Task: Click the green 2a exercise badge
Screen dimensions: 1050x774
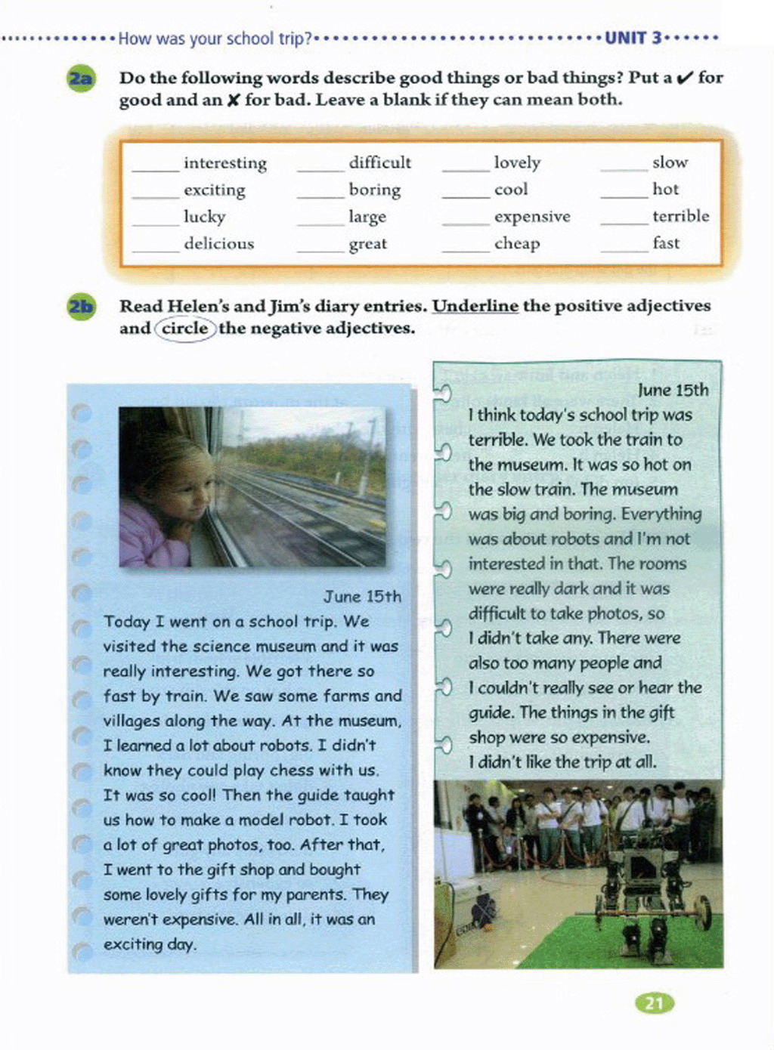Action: coord(81,79)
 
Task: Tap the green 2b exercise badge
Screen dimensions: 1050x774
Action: coord(81,307)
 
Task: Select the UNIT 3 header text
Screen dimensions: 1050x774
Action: coord(633,38)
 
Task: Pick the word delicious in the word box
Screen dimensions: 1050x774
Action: coord(218,244)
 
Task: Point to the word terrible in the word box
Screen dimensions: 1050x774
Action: coord(680,216)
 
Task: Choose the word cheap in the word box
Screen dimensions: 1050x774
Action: coord(517,244)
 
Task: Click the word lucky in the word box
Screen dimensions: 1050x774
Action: coord(204,217)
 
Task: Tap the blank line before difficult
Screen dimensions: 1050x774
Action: coord(320,169)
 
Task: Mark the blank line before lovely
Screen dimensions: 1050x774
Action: coord(466,169)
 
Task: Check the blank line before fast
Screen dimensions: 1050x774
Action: coord(624,250)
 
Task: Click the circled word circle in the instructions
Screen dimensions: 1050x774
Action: coord(184,329)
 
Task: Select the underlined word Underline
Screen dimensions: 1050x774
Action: coord(475,306)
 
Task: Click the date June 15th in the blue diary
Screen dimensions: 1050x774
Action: coord(362,597)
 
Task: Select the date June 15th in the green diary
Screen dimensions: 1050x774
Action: coord(673,391)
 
